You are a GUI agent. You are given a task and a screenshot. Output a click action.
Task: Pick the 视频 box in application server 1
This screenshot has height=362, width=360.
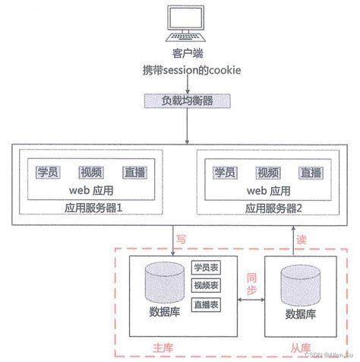[89, 172]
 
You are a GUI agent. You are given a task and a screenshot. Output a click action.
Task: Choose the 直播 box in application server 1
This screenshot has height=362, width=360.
[130, 172]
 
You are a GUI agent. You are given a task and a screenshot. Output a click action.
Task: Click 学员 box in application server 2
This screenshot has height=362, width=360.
[226, 172]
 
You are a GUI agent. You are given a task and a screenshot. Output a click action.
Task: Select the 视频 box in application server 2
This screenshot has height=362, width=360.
[267, 172]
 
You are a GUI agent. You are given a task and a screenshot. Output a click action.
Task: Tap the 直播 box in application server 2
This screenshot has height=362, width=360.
[308, 172]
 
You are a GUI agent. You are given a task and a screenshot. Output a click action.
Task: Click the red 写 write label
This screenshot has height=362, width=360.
[181, 238]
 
